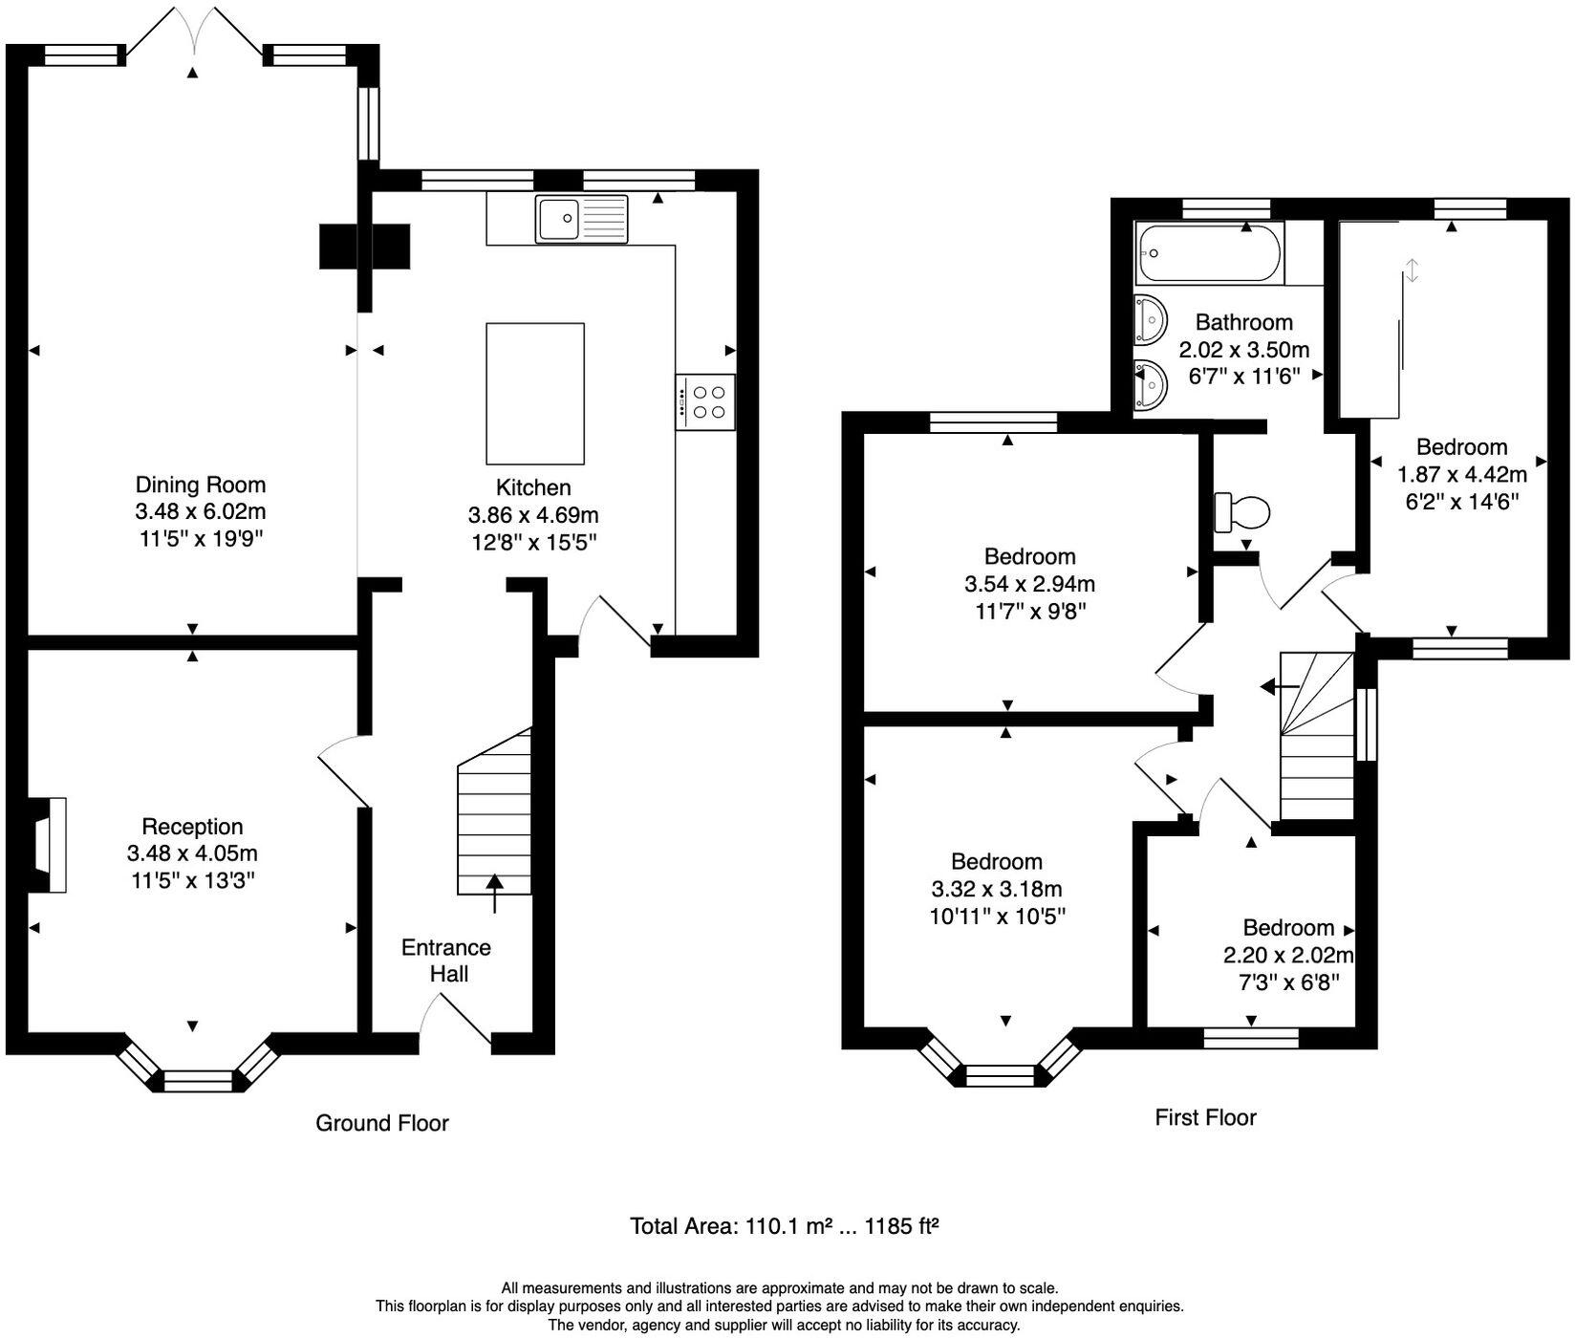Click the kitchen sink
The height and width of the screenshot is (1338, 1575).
[x=581, y=218]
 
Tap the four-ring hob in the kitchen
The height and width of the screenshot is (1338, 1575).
[x=705, y=401]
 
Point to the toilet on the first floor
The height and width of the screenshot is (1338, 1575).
[x=1241, y=512]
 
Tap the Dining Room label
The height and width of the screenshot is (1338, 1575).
[x=201, y=485]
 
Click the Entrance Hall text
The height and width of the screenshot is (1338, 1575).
[x=446, y=960]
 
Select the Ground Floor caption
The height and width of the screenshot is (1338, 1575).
[x=382, y=1123]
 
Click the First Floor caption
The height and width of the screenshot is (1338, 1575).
[x=1205, y=1117]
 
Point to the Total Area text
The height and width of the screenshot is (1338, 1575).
[x=784, y=1225]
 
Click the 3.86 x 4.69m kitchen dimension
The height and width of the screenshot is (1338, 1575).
[x=533, y=515]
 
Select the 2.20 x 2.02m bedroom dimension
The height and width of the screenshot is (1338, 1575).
[x=1288, y=955]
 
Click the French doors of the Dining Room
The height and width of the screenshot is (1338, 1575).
[x=194, y=31]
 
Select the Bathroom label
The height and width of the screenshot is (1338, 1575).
[x=1243, y=322]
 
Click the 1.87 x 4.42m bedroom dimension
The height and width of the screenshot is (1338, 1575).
[x=1461, y=474]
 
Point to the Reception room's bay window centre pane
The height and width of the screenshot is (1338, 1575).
[x=199, y=1081]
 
